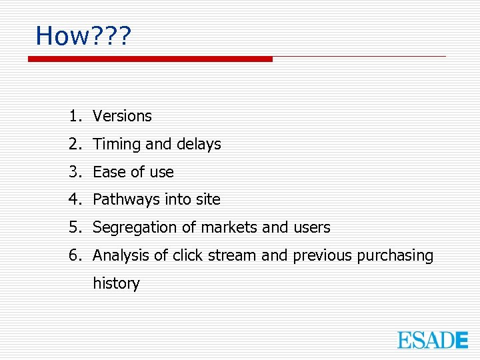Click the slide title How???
[x=83, y=35]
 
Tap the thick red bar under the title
[x=150, y=59]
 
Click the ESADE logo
[x=433, y=340]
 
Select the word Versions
[x=122, y=116]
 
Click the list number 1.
[x=73, y=116]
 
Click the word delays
[x=199, y=144]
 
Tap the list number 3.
[x=73, y=172]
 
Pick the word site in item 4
[x=207, y=199]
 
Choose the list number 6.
[x=73, y=255]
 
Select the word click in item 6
[x=188, y=255]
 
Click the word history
[x=116, y=283]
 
